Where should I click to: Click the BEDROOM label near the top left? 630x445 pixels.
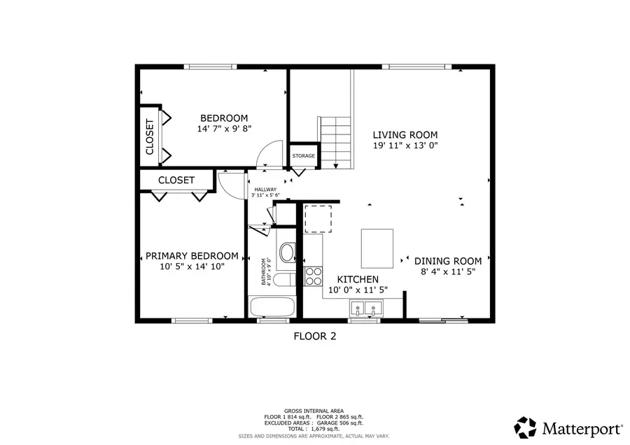click(224, 118)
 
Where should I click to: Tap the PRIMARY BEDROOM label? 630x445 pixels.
click(191, 256)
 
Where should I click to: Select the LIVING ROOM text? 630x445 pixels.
click(405, 135)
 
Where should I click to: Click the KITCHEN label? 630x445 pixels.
click(358, 279)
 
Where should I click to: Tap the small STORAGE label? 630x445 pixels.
click(303, 156)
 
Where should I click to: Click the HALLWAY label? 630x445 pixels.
click(265, 190)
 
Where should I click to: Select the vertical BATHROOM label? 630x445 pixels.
click(265, 271)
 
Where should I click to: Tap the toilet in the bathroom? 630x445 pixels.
click(286, 253)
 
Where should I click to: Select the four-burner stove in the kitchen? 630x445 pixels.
click(313, 276)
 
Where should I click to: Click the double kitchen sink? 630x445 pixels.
click(365, 307)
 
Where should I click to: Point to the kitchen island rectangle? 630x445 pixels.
click(377, 248)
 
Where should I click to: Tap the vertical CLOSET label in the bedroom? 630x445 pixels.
click(150, 136)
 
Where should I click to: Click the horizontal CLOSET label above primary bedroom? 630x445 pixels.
click(176, 180)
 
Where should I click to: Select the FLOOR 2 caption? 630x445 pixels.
click(314, 337)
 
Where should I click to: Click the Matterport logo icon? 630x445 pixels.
click(526, 426)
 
